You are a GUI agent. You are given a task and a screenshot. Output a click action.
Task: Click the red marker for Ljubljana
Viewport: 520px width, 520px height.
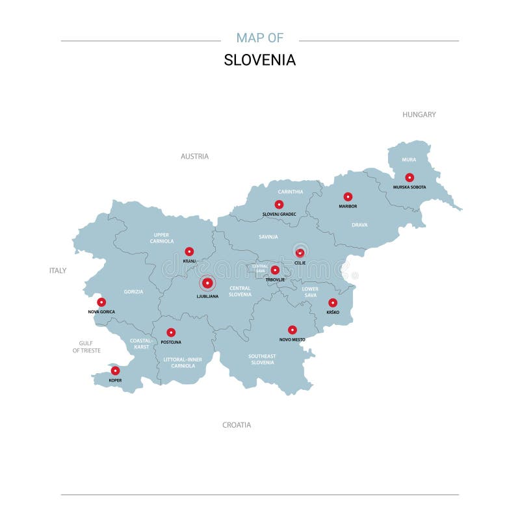click(x=207, y=283)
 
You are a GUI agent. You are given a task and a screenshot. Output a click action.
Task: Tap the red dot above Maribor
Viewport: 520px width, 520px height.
click(x=348, y=196)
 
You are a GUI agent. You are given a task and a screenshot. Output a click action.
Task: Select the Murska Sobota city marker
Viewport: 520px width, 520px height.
click(x=409, y=177)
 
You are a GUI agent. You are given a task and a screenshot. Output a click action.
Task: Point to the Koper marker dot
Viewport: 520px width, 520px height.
click(x=115, y=370)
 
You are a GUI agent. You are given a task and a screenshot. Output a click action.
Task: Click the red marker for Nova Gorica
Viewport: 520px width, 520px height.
click(x=101, y=302)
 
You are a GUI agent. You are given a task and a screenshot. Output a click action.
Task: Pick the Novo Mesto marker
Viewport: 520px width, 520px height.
click(x=292, y=330)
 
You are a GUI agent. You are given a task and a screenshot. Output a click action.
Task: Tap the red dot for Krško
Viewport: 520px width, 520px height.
click(x=333, y=302)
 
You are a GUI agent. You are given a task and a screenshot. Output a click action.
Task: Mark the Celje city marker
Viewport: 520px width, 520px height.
click(x=300, y=253)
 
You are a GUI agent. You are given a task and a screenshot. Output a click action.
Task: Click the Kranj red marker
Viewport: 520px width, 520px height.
click(x=189, y=251)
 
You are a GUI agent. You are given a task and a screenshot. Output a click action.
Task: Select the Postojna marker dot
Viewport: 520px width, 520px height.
click(x=171, y=332)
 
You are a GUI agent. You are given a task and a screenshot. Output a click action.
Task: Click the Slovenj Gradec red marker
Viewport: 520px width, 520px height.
click(x=279, y=204)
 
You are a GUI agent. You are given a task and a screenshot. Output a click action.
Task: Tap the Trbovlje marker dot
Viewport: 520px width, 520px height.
click(x=275, y=270)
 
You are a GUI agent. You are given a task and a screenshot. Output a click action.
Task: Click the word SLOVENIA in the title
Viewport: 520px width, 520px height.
click(x=260, y=60)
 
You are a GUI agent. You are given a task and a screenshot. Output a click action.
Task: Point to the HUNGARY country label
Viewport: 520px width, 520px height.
click(x=419, y=114)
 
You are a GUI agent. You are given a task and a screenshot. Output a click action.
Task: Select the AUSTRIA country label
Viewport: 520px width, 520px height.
click(x=194, y=156)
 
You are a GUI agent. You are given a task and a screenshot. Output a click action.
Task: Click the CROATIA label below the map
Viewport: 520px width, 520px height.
click(x=237, y=425)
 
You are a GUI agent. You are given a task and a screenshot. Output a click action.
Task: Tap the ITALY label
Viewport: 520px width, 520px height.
click(x=58, y=270)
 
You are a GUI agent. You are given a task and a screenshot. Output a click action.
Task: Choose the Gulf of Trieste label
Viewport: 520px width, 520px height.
click(x=86, y=346)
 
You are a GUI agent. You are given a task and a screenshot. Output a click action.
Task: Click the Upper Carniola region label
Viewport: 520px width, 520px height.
click(x=162, y=238)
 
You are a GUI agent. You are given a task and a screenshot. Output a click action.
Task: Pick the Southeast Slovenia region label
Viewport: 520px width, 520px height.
click(x=262, y=359)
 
